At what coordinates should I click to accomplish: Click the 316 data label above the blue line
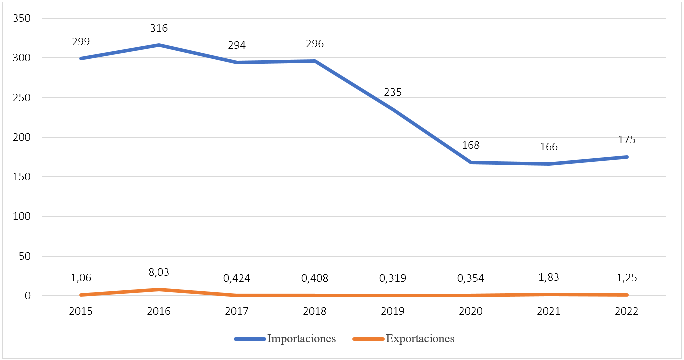tap(159, 28)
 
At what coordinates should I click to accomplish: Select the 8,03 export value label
tap(159, 272)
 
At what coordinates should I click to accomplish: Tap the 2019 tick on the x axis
tap(393, 311)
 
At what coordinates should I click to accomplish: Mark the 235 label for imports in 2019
tap(393, 92)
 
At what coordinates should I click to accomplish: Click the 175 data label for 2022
tap(627, 140)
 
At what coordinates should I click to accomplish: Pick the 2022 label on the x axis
tap(627, 311)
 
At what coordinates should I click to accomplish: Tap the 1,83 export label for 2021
tap(549, 278)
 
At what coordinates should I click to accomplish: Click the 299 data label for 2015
tap(81, 42)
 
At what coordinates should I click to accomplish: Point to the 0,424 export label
tap(237, 278)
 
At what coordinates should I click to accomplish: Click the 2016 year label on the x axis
tap(159, 311)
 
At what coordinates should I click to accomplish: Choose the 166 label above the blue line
tap(549, 147)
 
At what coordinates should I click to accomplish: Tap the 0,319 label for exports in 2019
tap(393, 278)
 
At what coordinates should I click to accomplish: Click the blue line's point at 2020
tap(471, 162)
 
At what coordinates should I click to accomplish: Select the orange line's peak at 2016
tap(159, 289)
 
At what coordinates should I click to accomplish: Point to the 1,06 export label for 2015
tap(81, 278)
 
